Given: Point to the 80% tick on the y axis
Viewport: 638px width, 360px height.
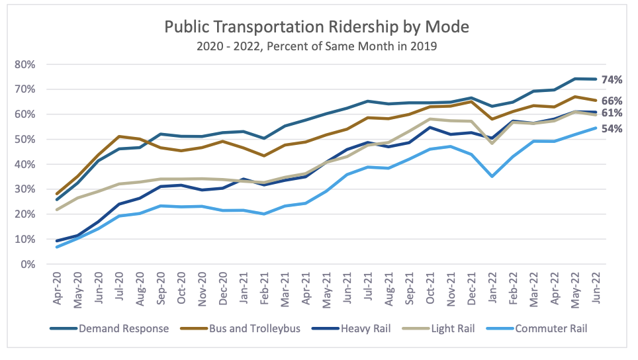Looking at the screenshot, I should click(x=25, y=64).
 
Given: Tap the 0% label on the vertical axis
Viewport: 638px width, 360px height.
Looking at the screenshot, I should click(x=28, y=264).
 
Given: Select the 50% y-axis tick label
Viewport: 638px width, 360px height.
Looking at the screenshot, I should click(x=25, y=139).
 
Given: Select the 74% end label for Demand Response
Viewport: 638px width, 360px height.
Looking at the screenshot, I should click(x=612, y=80).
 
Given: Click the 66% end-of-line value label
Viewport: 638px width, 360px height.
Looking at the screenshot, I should click(x=612, y=101).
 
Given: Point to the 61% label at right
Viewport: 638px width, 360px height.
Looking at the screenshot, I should click(x=612, y=113).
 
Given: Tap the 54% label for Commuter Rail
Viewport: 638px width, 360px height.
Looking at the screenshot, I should click(x=612, y=129).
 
